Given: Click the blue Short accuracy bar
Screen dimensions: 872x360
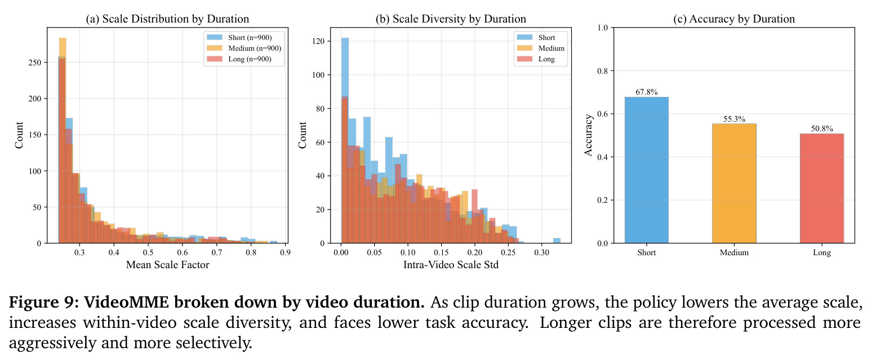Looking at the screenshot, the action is (646, 170).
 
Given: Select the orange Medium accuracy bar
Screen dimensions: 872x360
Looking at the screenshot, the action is (734, 183).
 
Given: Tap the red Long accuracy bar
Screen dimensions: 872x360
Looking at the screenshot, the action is (822, 188).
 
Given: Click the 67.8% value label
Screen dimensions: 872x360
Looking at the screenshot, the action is (646, 92).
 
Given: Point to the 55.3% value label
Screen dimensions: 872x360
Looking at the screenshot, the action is (734, 119).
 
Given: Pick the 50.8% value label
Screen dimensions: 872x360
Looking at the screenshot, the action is (822, 128).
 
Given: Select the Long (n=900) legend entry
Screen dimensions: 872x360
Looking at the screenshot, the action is (239, 59).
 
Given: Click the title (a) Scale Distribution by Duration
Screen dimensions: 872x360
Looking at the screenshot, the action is (167, 19).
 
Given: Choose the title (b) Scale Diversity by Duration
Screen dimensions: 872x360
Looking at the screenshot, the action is (451, 19).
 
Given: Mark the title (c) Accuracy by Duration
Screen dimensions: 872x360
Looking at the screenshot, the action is (734, 19).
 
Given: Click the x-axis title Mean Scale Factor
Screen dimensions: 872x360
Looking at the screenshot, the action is (167, 265).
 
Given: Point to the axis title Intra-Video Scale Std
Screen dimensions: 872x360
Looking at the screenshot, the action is (451, 265).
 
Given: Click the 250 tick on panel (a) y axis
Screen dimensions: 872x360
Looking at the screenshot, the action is (35, 63).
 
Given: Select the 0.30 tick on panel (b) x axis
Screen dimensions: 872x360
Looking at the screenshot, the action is (541, 252).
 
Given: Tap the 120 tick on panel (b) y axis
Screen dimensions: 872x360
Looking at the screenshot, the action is (318, 41).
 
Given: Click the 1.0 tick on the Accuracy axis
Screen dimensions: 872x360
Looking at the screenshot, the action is (602, 28).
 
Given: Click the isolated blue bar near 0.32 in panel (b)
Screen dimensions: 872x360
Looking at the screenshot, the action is (557, 241).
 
